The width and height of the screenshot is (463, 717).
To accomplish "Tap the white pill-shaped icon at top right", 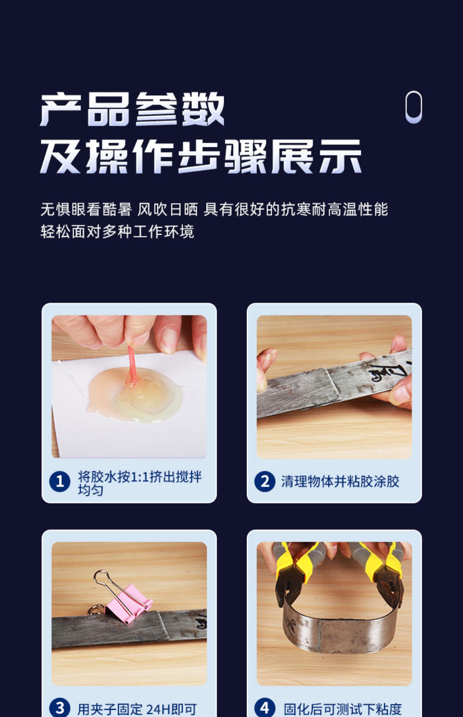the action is (414, 107).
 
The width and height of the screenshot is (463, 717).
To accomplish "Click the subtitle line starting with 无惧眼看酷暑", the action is (214, 210).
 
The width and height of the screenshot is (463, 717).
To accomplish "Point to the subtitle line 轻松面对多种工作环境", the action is (117, 232).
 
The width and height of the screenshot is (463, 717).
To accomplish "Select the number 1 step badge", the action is (60, 481).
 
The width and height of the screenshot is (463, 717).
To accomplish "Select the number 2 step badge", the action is (265, 481).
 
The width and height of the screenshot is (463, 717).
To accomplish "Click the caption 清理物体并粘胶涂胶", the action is (340, 481).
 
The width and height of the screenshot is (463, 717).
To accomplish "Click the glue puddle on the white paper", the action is (135, 395).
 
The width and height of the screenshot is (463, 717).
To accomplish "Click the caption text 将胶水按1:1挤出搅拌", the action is (140, 477).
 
